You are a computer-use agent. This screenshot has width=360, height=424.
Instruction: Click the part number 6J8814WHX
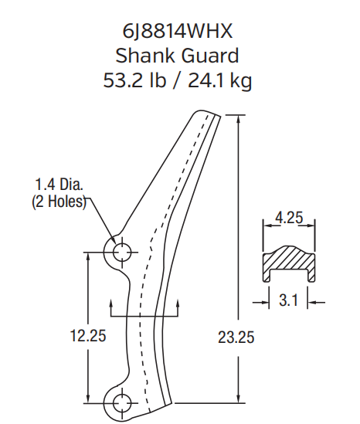click(180, 32)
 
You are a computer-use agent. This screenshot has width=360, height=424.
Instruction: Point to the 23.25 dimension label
click(236, 337)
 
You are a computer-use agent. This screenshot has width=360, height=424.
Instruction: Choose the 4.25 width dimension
click(289, 218)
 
